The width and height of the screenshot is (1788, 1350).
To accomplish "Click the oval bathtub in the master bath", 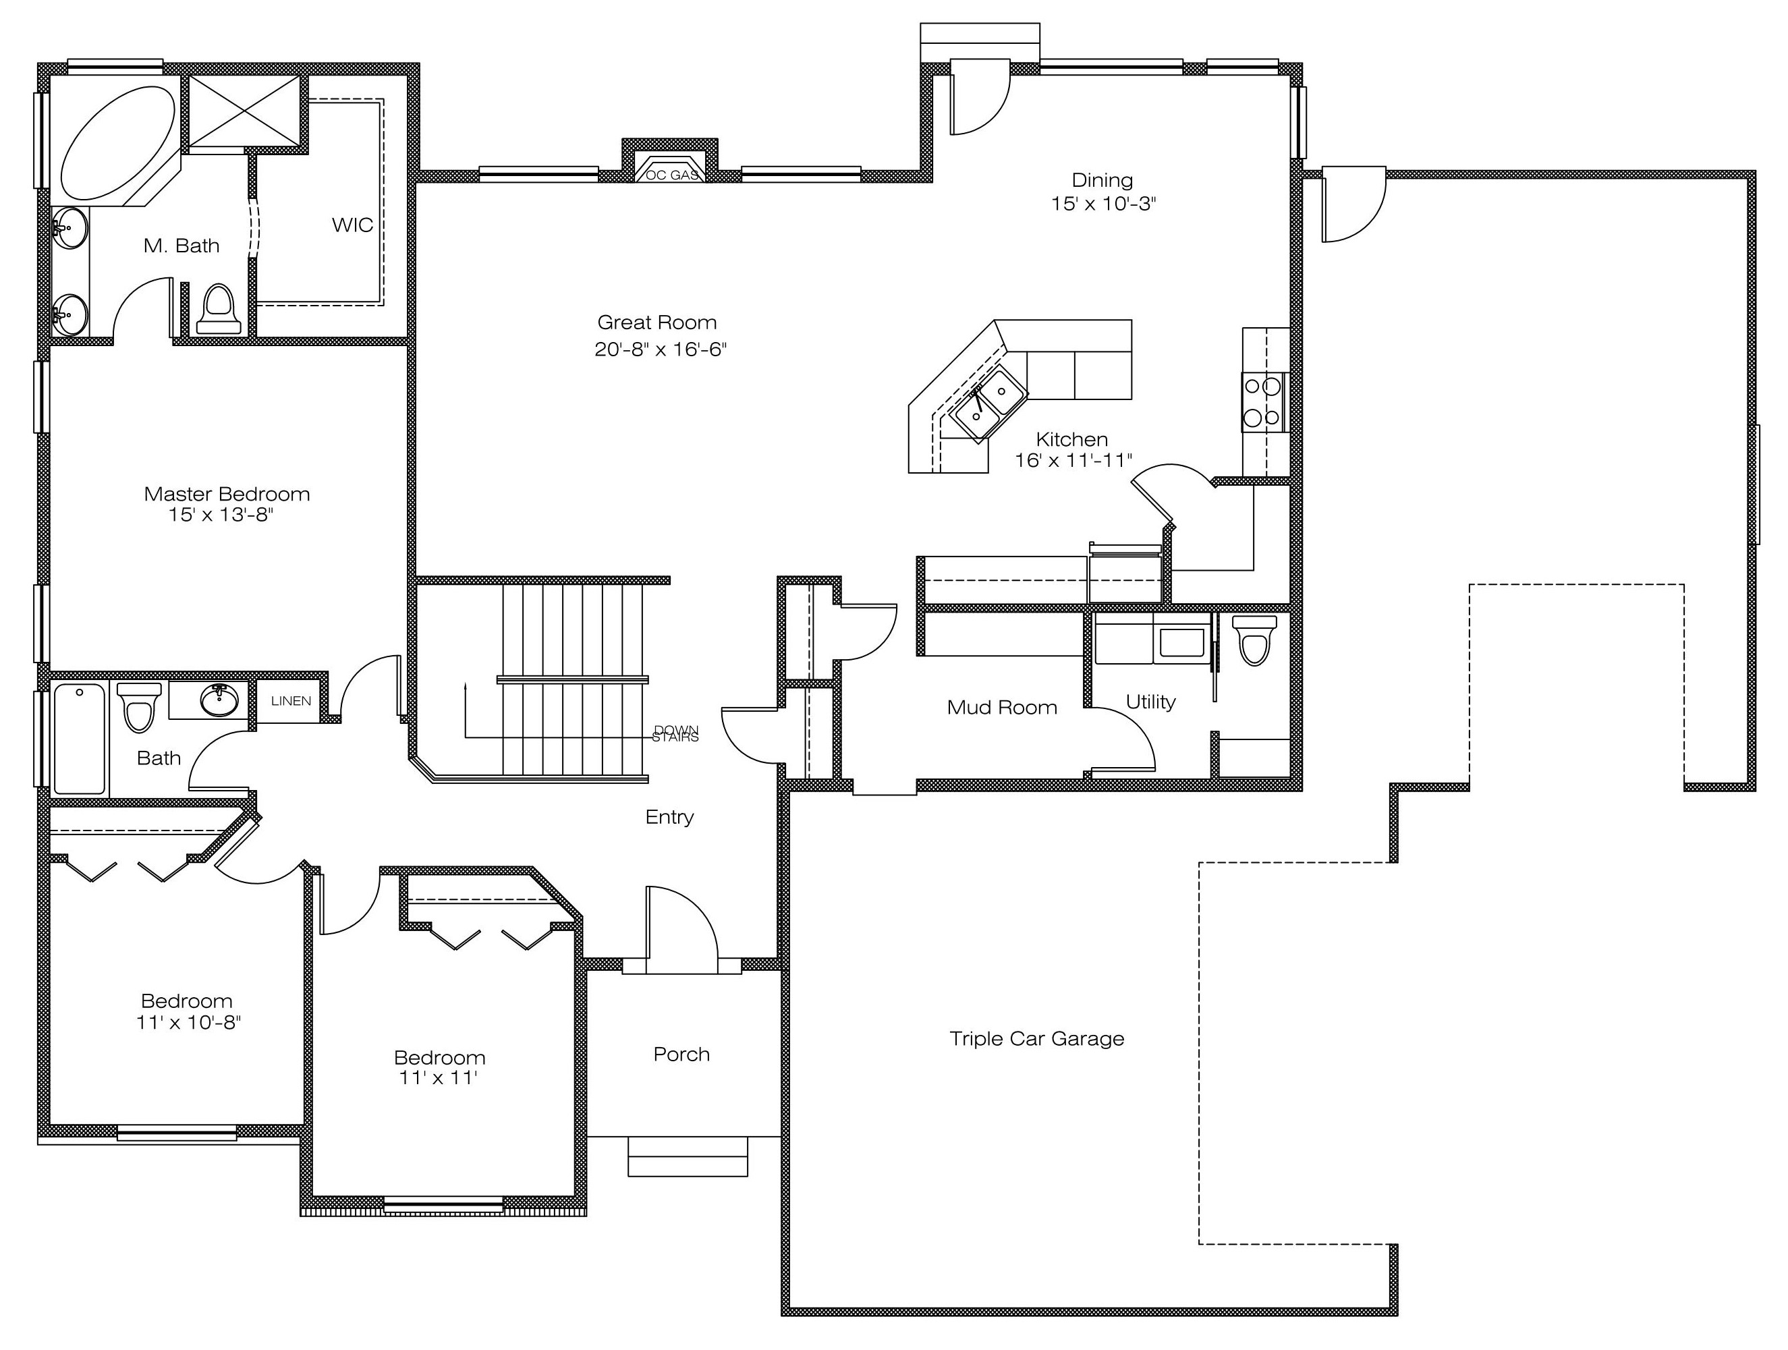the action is (x=118, y=142).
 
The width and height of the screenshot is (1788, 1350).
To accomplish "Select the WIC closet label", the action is (x=352, y=225).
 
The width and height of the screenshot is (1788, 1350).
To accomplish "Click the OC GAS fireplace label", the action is (x=673, y=175).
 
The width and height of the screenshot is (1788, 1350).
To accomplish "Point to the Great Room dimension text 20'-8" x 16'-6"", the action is (x=661, y=349).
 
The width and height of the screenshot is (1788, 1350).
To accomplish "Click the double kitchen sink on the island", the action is (x=988, y=402).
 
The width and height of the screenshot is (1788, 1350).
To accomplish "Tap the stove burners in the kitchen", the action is (x=1262, y=402).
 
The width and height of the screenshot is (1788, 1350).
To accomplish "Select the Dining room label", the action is (x=1102, y=179).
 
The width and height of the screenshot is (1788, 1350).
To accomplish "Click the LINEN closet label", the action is (x=291, y=701).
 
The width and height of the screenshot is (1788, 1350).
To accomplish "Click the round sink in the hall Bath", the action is (x=219, y=700).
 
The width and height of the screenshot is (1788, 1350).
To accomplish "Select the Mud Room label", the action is (x=1003, y=707).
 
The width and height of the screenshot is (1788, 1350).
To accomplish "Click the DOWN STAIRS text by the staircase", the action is (x=676, y=733).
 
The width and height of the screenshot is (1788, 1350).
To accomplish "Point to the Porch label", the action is (x=681, y=1054).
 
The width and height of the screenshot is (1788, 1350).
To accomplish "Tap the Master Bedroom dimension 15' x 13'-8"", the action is (x=221, y=515).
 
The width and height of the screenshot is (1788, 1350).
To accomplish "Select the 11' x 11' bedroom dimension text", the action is (x=438, y=1077).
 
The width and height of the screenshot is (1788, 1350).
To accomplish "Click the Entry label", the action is (x=669, y=817).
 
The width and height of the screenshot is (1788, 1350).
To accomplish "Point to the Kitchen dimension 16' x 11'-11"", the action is (x=1073, y=460).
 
